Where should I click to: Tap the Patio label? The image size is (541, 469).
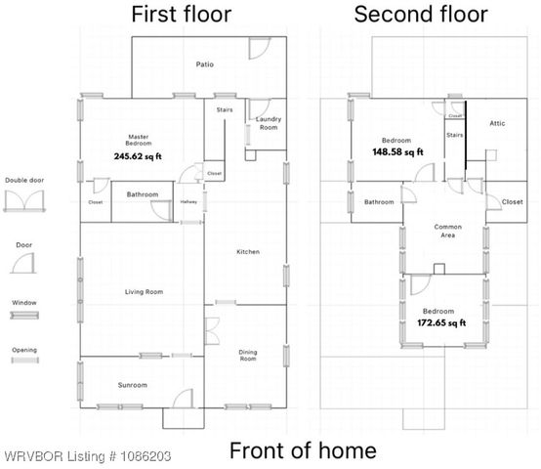click(204, 65)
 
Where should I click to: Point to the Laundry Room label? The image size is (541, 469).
click(269, 123)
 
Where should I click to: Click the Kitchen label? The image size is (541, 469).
click(248, 252)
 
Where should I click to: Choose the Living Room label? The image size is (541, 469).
click(143, 292)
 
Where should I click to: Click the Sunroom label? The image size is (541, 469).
click(133, 386)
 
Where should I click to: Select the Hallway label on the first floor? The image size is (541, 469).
click(188, 202)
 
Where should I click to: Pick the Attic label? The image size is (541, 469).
click(496, 123)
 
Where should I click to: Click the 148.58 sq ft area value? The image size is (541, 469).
click(397, 152)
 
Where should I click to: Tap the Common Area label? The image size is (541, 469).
click(446, 232)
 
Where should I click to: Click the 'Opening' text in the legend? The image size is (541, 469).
click(23, 349)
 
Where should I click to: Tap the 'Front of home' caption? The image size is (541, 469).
click(302, 450)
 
